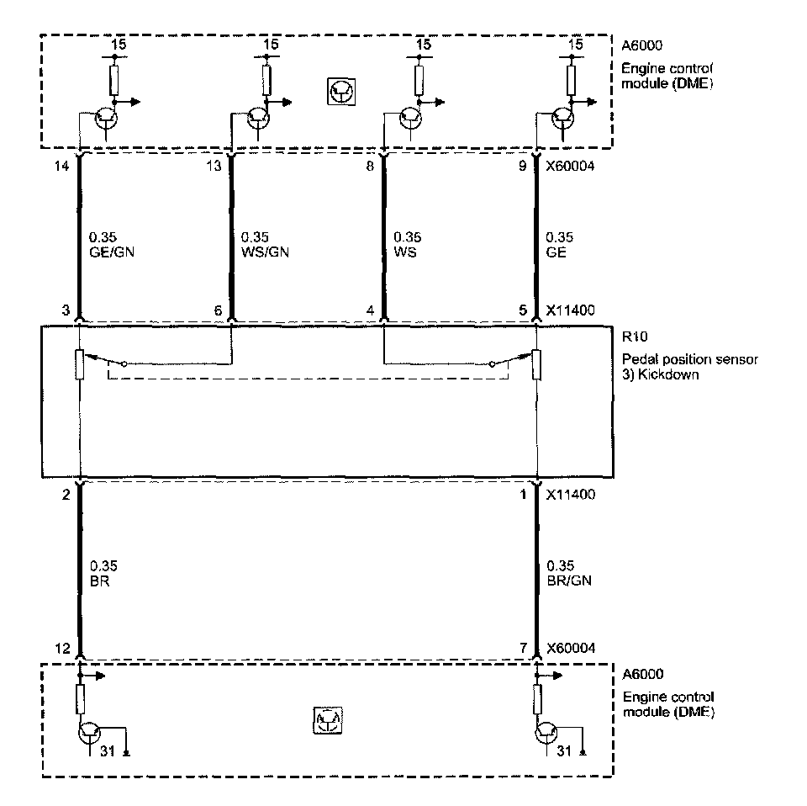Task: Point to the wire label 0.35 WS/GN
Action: (264, 244)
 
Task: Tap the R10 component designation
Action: (631, 335)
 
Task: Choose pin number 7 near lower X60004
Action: (523, 648)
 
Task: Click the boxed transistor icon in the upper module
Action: (340, 93)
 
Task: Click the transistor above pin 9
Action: (563, 119)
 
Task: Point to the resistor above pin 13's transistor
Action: (266, 81)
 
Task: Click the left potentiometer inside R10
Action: (79, 363)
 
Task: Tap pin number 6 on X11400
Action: (218, 310)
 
